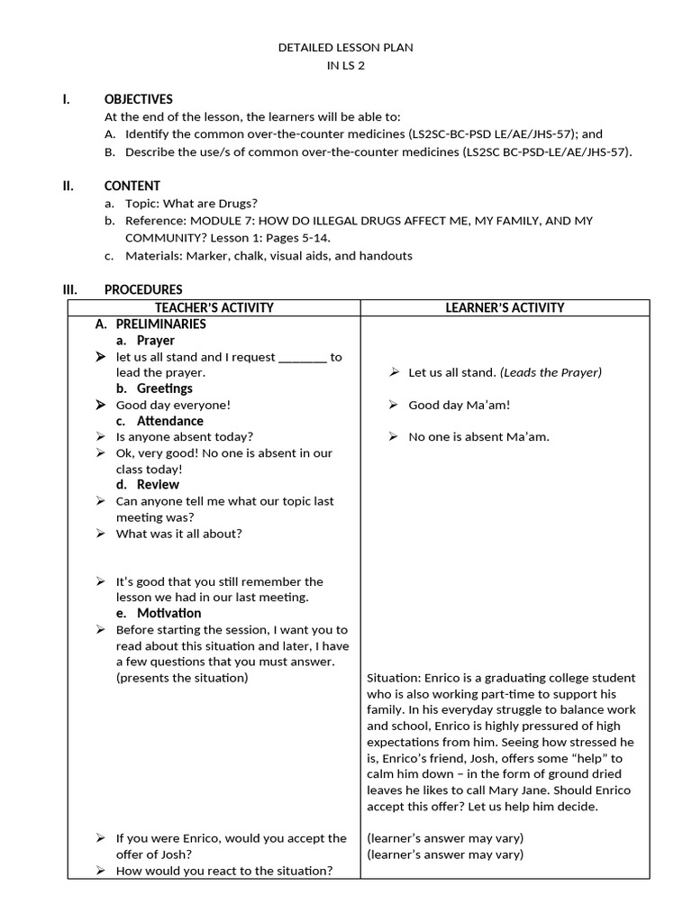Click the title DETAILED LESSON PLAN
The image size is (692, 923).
coord(345,47)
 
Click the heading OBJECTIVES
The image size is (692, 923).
coord(138,99)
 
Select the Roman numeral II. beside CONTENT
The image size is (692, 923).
coord(68,186)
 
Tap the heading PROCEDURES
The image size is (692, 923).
coord(142,289)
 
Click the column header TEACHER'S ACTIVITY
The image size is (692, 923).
coord(214,307)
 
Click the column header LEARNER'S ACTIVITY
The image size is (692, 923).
coord(505,307)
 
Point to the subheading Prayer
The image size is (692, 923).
coord(155,340)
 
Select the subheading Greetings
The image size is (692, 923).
coord(164,388)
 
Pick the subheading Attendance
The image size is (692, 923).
coord(169,420)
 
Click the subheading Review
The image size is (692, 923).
coord(158,484)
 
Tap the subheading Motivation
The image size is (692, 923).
coord(168,613)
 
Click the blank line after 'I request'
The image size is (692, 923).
coord(303,357)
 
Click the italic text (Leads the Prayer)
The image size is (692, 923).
coord(551,371)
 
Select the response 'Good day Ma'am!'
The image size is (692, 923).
coord(459,405)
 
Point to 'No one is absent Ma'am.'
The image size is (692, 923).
coord(478,436)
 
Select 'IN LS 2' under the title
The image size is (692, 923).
coord(345,65)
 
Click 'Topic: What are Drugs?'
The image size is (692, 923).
coord(191,203)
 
